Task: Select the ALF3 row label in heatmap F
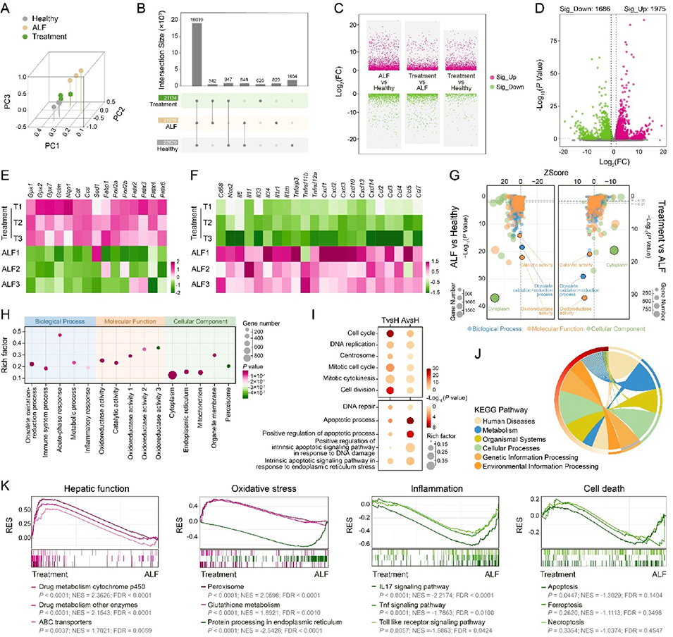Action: [199, 283]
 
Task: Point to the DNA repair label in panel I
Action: [360, 407]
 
